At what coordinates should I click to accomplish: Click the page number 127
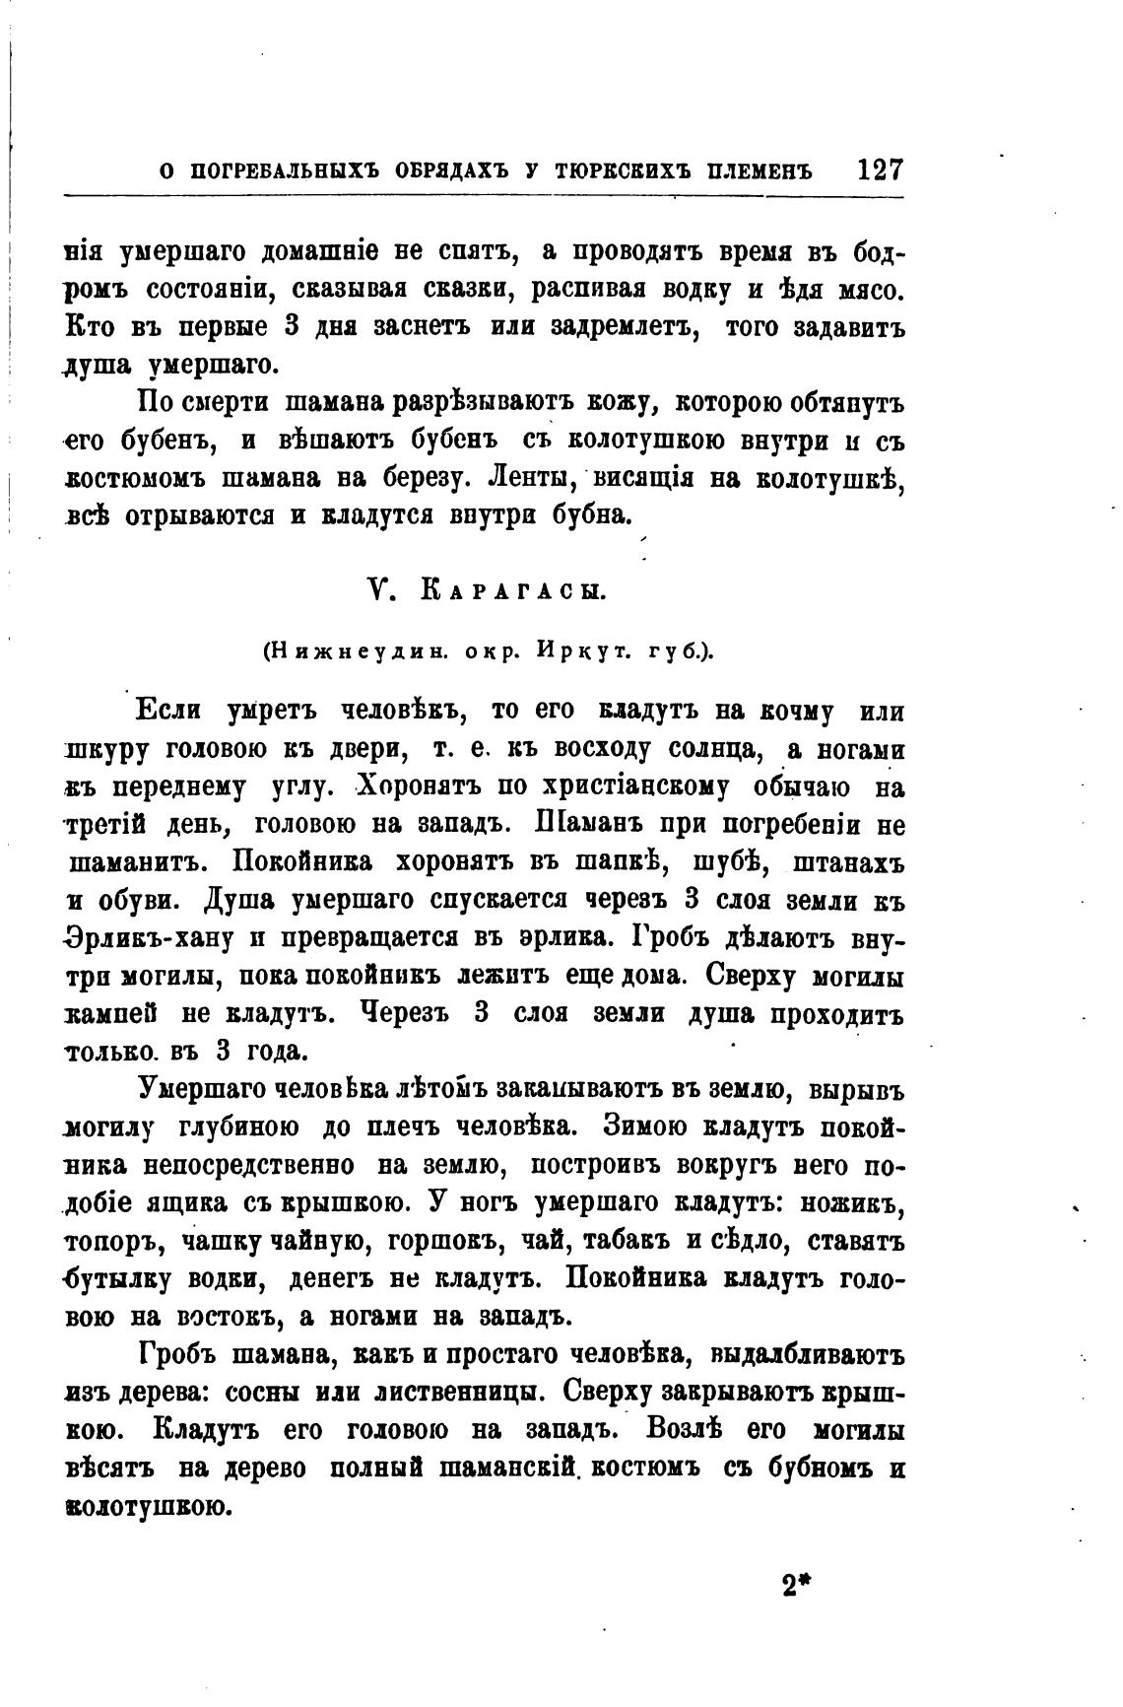880,169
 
